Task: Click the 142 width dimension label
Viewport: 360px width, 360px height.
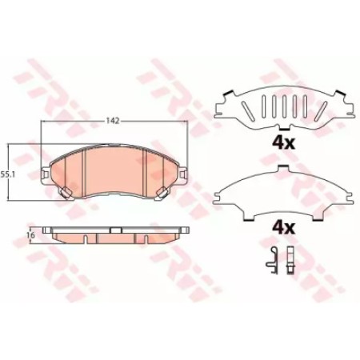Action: pyautogui.click(x=113, y=121)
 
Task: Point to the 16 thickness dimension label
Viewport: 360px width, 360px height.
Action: pyautogui.click(x=31, y=235)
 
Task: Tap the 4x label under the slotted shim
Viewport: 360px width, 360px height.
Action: pyautogui.click(x=283, y=143)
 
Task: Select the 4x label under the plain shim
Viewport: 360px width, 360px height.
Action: pyautogui.click(x=283, y=227)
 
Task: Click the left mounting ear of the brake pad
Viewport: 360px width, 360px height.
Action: pyautogui.click(x=46, y=174)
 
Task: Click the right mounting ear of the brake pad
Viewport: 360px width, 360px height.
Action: pyautogui.click(x=183, y=174)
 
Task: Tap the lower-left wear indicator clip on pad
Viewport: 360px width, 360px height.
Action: pyautogui.click(x=65, y=192)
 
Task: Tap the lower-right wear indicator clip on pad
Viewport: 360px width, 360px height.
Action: pyautogui.click(x=162, y=192)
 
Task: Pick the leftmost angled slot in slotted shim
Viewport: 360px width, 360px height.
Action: pyautogui.click(x=246, y=110)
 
